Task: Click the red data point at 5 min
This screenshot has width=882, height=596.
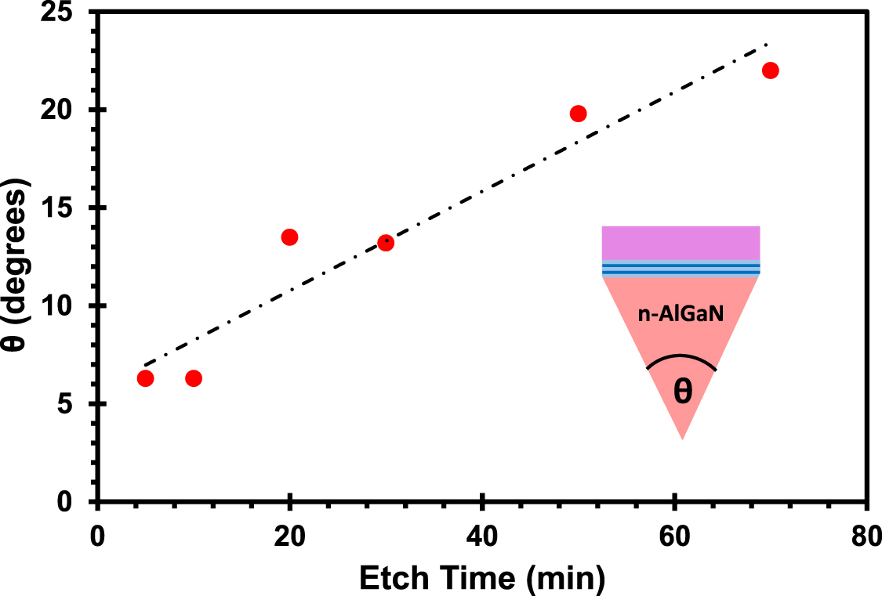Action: coord(145,378)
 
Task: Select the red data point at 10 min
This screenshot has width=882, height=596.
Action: coord(194,378)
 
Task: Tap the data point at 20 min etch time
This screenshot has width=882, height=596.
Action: coord(289,237)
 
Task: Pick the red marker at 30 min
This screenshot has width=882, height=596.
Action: coord(386,243)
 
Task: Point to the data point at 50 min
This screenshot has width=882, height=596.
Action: coord(579,114)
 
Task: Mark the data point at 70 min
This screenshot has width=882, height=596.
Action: coord(771,70)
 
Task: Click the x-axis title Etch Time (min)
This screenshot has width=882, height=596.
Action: coord(481,578)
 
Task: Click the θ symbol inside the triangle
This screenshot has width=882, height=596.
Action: coord(683,392)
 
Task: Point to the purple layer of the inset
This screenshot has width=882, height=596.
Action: coord(681,242)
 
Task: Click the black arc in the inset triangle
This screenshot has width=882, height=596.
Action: coord(681,357)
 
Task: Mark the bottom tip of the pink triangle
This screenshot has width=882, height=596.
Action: coord(682,438)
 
